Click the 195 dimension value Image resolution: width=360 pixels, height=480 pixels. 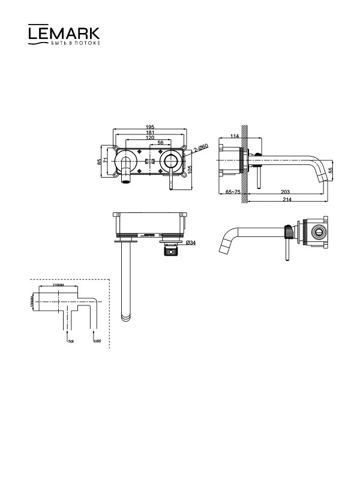coord(149,127)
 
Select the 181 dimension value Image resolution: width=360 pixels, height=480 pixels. coord(149,132)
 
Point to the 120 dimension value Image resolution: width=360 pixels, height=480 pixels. coord(149,138)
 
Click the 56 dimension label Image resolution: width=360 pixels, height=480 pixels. coord(160,143)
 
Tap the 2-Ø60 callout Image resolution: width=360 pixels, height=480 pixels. coord(200,148)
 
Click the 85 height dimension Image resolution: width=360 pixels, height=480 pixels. coord(99,161)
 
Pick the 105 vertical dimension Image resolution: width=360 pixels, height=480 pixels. coord(190,169)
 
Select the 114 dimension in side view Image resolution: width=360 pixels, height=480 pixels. coord(234,136)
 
